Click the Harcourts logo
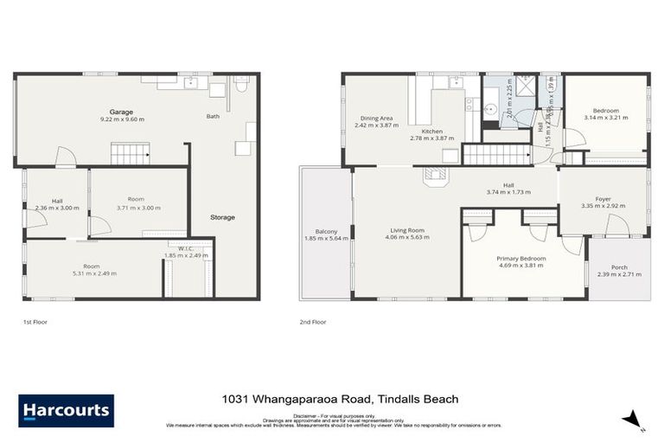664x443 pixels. click(66, 410)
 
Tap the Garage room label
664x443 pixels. click(120, 112)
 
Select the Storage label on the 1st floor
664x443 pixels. click(222, 217)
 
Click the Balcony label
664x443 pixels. click(326, 232)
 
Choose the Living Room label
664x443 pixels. click(405, 232)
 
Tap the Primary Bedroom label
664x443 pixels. click(520, 259)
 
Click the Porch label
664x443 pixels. click(619, 268)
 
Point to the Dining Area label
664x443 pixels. click(377, 119)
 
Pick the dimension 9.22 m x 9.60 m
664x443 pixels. click(120, 119)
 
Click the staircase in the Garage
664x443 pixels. click(131, 154)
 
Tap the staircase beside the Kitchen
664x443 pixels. click(496, 155)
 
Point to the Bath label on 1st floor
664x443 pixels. click(213, 116)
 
